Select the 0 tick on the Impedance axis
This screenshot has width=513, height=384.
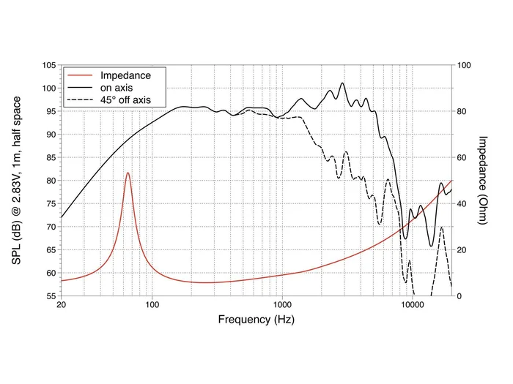click(x=460, y=296)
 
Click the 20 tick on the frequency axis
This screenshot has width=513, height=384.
click(x=61, y=305)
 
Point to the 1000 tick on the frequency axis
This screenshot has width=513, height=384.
click(x=282, y=305)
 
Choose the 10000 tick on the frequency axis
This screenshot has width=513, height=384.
click(x=412, y=305)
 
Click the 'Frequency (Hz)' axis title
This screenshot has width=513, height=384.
click(x=256, y=320)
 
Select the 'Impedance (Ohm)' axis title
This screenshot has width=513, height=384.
click(x=483, y=180)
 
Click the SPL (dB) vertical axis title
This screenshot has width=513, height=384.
click(x=17, y=180)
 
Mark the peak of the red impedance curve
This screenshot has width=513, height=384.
click(x=128, y=173)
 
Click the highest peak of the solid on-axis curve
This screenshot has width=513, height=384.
click(x=342, y=83)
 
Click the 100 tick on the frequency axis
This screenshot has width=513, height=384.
click(x=152, y=305)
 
